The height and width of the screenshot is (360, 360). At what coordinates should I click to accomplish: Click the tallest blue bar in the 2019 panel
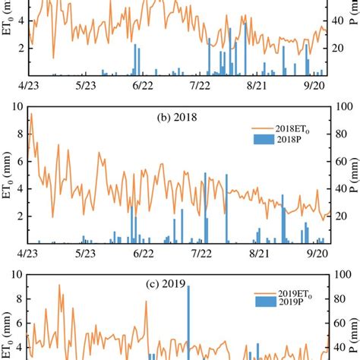188,319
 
